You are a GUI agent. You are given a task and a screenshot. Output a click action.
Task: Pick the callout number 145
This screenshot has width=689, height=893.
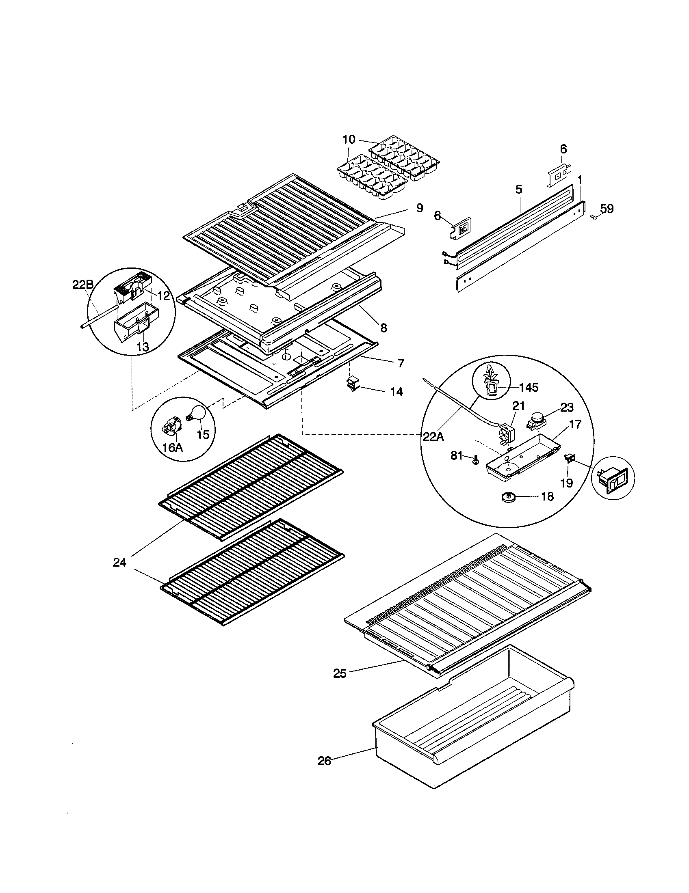529,387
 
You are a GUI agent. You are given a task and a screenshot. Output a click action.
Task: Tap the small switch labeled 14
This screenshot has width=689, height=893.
353,384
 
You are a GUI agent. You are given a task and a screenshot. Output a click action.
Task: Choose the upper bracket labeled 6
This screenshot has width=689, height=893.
557,175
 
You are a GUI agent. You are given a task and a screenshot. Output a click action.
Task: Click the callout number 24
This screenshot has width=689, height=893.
120,563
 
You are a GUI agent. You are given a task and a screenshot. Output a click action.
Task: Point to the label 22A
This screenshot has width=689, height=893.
433,437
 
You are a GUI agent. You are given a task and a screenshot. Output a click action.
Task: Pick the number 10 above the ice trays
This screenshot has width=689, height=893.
349,139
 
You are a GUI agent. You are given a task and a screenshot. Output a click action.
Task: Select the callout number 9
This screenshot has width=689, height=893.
419,208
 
